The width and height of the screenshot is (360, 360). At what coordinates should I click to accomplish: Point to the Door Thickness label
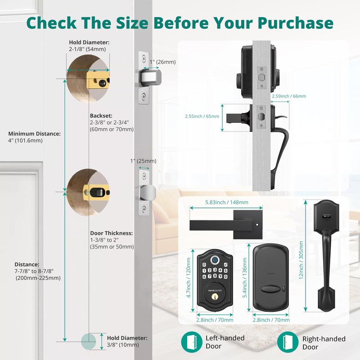tap(111, 240)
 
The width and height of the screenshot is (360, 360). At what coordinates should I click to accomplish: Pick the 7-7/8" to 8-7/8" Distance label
tap(37, 271)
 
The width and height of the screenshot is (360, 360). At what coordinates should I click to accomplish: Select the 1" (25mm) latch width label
tap(143, 161)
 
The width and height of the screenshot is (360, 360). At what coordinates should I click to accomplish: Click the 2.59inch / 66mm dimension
tap(288, 96)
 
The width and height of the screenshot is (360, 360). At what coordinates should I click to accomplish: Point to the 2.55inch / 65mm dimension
tap(202, 116)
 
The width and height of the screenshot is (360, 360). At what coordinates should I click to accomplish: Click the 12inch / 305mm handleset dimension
tap(301, 259)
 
